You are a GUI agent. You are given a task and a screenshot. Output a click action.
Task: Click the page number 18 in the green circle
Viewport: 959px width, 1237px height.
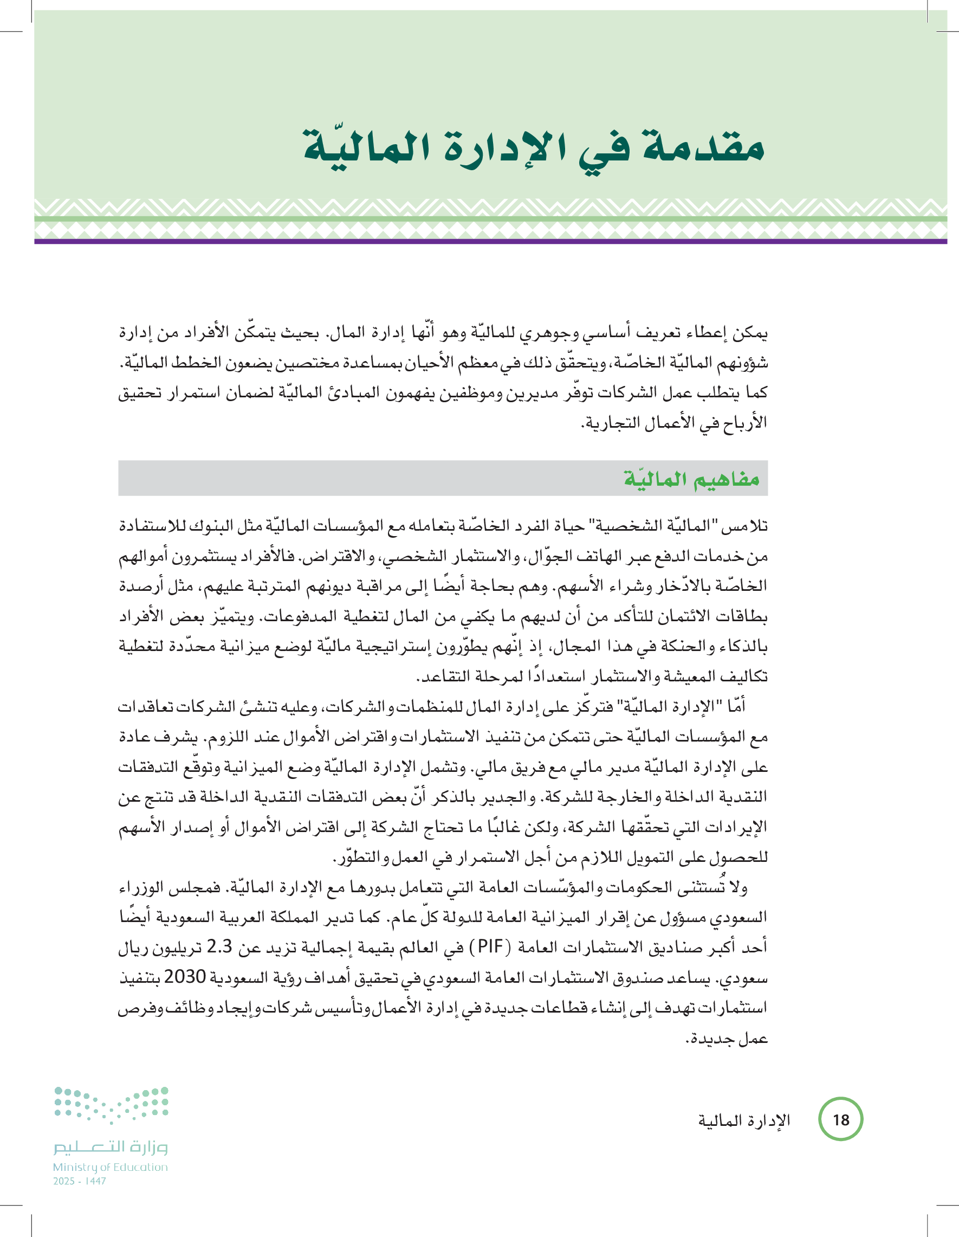(x=841, y=1120)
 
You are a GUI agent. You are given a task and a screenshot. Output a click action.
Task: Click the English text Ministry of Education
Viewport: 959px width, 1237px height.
(x=111, y=1167)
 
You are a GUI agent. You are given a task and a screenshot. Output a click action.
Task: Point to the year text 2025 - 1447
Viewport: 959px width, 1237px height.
(x=79, y=1181)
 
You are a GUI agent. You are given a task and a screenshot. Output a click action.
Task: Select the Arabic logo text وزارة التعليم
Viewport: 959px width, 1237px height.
(x=111, y=1147)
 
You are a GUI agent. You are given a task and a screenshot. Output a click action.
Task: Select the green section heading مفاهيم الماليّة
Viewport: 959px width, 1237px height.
(x=691, y=479)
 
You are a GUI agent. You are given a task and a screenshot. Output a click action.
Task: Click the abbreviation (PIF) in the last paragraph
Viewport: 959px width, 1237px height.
(x=492, y=946)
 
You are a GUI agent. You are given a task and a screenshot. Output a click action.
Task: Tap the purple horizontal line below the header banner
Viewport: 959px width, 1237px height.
(x=490, y=241)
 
